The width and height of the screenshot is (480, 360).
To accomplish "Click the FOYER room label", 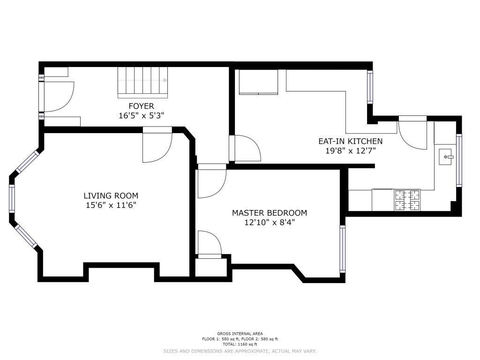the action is point(141,106).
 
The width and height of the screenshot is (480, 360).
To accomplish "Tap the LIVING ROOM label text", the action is point(111,195).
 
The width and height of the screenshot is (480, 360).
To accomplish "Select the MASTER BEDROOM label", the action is point(270,213).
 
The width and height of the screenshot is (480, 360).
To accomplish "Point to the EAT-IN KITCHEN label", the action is point(351,141).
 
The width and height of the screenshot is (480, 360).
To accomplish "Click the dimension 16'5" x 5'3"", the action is point(142,116).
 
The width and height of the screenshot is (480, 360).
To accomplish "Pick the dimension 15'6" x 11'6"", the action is point(111,205).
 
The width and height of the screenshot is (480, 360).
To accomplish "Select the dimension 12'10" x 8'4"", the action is point(270,222).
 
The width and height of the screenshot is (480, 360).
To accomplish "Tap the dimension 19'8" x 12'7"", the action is point(351,150).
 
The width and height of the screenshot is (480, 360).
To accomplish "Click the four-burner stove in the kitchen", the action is point(407,200).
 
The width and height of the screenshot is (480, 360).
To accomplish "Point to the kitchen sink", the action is point(446,157).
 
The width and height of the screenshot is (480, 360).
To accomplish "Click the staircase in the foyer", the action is point(143,82).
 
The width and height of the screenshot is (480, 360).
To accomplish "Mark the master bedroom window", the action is point(343,249).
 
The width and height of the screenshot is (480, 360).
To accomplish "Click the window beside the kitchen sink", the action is point(459,160).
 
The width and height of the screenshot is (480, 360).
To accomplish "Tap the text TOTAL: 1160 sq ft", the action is point(240,344).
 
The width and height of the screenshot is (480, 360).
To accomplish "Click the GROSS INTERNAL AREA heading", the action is point(240,334).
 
